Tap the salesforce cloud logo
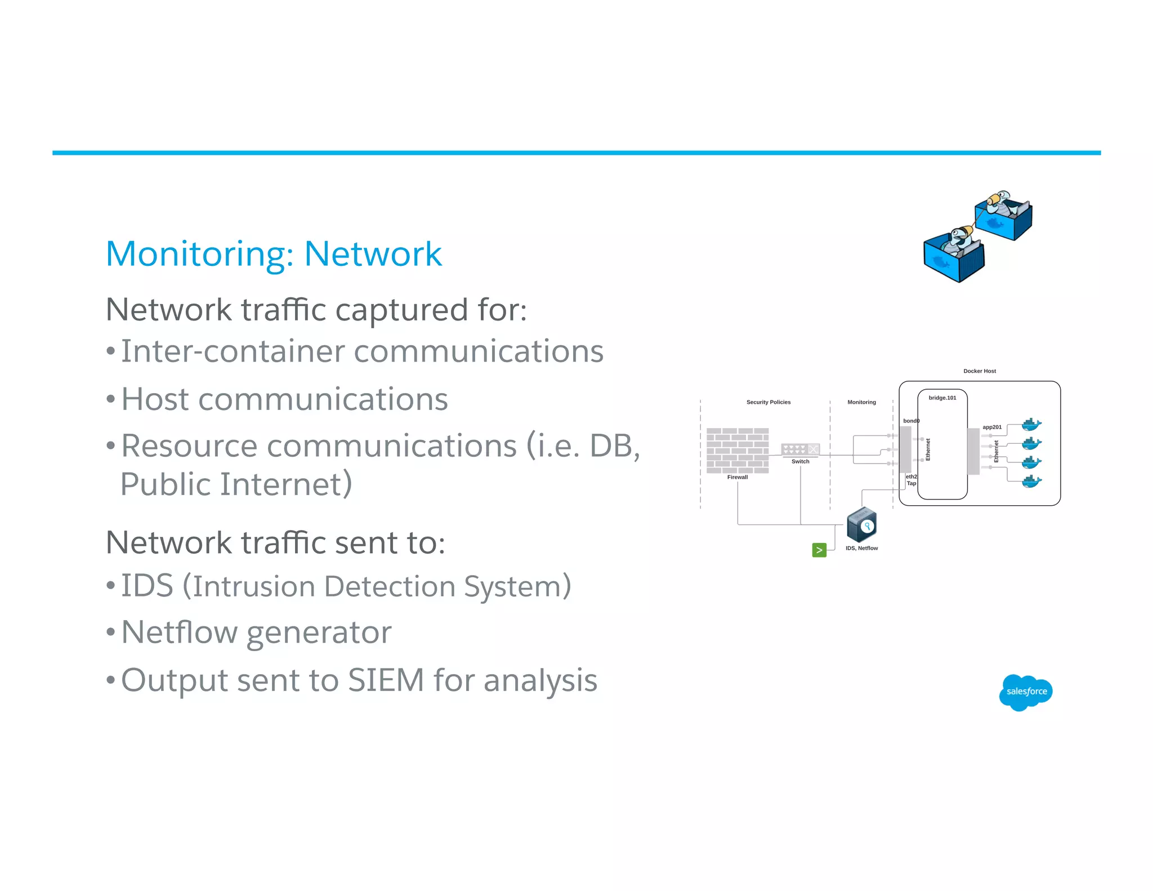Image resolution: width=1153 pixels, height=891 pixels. (1026, 692)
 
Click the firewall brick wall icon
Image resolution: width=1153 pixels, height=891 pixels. (737, 451)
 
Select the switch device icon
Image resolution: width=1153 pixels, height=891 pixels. (800, 449)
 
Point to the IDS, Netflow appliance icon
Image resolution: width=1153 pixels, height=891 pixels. (861, 524)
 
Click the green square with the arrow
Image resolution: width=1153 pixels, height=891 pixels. (819, 550)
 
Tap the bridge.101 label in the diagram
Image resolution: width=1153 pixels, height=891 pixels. (942, 398)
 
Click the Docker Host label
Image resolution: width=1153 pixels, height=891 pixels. (979, 371)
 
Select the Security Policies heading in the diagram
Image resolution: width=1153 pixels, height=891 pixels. (768, 402)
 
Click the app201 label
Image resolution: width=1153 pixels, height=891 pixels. (992, 427)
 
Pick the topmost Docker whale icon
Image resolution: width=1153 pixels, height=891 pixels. (1031, 425)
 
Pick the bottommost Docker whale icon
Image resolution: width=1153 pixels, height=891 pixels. (1031, 482)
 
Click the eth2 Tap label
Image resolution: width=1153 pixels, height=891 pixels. (911, 480)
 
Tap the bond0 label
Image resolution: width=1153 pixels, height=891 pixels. (910, 421)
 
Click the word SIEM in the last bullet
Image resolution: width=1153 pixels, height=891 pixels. (386, 680)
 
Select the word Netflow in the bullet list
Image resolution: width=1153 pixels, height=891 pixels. (178, 632)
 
